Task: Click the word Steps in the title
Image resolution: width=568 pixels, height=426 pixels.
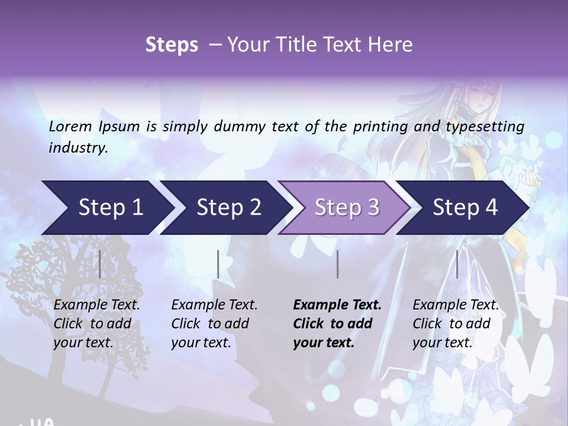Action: pos(172,44)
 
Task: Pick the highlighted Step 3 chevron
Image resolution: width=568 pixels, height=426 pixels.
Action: pos(347,208)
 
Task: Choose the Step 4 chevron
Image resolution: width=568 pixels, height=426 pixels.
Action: pos(465,208)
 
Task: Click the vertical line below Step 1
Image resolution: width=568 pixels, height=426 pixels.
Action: pos(100,264)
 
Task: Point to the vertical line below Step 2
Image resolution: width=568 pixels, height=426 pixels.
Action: pos(218,264)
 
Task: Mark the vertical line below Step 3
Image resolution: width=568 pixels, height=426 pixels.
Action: pos(338,264)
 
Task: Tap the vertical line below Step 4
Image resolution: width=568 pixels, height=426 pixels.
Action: pos(457,264)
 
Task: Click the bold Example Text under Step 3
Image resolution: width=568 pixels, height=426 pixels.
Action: pos(337,324)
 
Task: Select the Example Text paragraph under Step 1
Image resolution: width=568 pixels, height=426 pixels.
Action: pos(96,324)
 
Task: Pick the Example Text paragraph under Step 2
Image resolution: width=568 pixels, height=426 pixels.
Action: pos(214,324)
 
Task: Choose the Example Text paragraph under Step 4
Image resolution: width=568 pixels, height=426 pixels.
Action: pos(456,324)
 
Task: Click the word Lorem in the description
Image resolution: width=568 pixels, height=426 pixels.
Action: pos(70,126)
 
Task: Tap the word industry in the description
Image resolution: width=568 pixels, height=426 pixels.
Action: pos(78,147)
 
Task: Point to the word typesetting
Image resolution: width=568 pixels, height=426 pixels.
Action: pos(489,126)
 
